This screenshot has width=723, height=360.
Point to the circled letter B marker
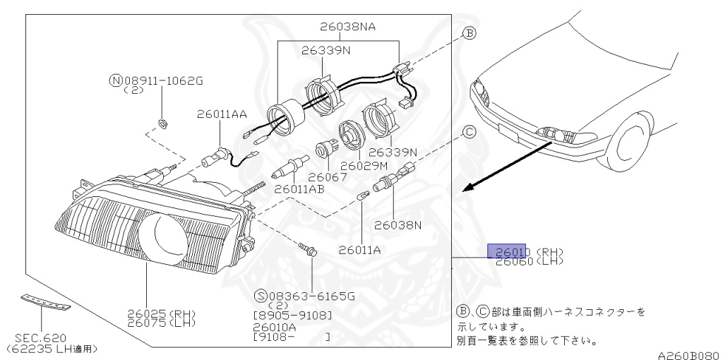[x=470, y=32]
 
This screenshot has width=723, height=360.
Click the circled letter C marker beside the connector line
[x=470, y=131]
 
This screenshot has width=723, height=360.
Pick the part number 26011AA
[x=222, y=113]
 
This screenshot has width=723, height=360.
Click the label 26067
[x=328, y=176]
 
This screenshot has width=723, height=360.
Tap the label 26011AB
[x=299, y=189]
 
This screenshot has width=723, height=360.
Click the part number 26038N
[x=398, y=226]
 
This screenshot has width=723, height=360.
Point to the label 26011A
[x=359, y=248]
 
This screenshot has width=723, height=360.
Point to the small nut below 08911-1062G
[x=162, y=124]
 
